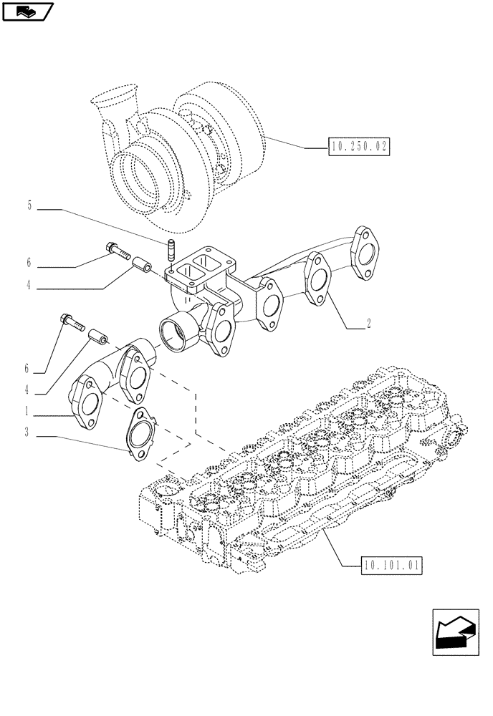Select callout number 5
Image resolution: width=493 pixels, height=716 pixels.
29,205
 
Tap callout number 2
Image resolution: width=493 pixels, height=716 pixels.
368,323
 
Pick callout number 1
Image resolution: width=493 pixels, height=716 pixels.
28,412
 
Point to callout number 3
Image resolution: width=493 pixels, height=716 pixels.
28,432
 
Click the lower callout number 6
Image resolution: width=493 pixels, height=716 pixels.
27,369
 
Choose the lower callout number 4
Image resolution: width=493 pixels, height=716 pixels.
28,390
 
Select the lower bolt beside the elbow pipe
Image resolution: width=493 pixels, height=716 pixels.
72,323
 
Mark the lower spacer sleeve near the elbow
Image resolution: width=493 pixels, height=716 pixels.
97,336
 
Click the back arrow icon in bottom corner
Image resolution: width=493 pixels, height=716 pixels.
456,632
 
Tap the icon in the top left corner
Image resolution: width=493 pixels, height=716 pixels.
28,11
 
